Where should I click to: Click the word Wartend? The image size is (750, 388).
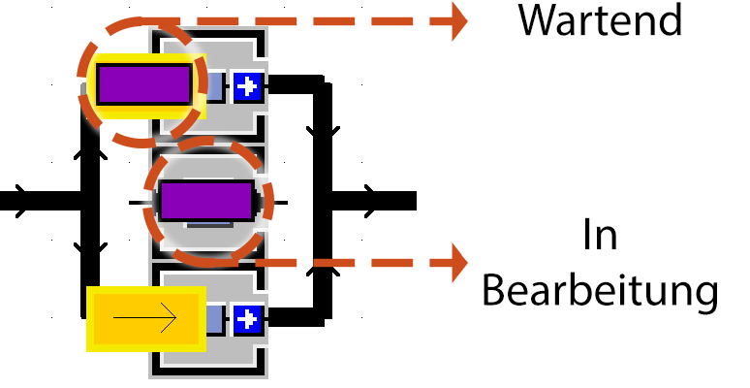[600, 19]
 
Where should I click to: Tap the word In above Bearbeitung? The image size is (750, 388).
[600, 236]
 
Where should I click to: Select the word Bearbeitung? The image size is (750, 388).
[600, 290]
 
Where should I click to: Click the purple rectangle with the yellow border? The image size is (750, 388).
[143, 84]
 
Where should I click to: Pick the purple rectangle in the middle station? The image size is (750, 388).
[206, 201]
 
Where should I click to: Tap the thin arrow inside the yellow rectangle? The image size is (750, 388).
[145, 317]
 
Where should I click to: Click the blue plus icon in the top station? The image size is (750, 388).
[248, 86]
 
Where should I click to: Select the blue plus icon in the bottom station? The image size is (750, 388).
[248, 318]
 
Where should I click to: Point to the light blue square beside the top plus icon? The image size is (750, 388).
[215, 86]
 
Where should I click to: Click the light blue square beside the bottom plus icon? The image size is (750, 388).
[215, 318]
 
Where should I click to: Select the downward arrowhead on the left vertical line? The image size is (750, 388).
[89, 250]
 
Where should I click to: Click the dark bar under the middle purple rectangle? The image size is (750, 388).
[208, 224]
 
